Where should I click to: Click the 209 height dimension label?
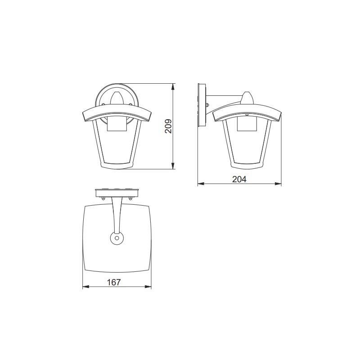[x=168, y=126]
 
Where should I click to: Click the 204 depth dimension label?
[x=239, y=179]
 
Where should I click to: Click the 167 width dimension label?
[x=114, y=282]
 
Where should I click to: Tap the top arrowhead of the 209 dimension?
[x=173, y=87]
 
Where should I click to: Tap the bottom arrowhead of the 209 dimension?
[x=173, y=166]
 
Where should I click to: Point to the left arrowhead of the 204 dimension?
[x=201, y=184]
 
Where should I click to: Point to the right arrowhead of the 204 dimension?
[x=278, y=184]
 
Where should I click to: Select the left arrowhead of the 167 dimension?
[x=86, y=287]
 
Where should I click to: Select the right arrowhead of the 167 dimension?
[x=148, y=287]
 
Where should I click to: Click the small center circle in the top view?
[x=117, y=238]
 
